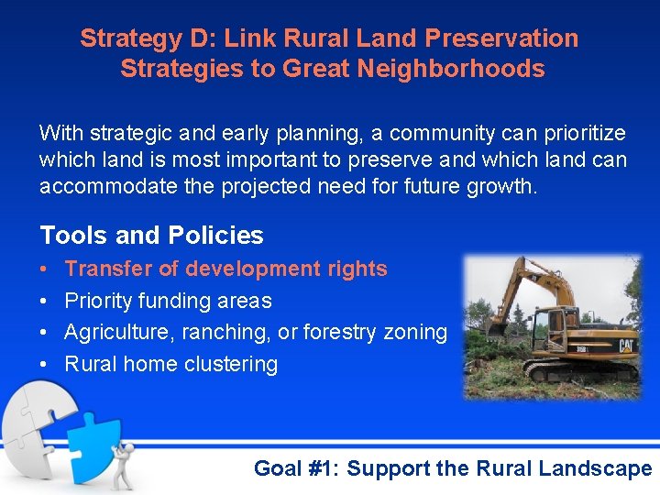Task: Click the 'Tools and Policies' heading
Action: [x=151, y=236]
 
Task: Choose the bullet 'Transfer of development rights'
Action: [x=226, y=269]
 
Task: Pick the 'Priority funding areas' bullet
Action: [x=168, y=301]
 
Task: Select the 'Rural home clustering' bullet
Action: [x=170, y=364]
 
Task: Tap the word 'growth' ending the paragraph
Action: [x=505, y=187]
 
